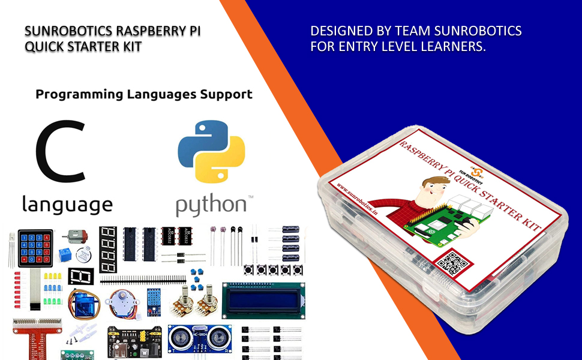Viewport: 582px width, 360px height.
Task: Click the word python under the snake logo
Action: click(210, 204)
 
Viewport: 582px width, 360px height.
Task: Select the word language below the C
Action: click(67, 204)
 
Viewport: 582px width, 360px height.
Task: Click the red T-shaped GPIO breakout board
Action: click(36, 333)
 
